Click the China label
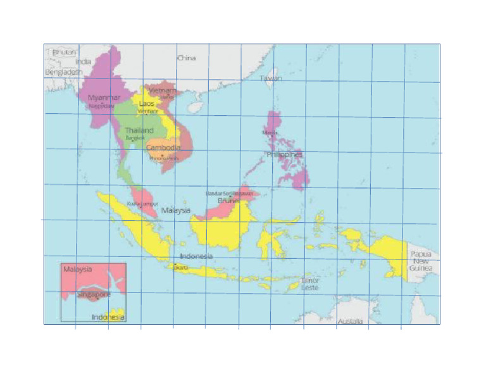[x=187, y=58]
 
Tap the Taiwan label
[x=271, y=78]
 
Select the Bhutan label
[x=65, y=52]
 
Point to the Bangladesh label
[x=64, y=73]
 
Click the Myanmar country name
[x=104, y=98]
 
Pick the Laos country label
[x=146, y=104]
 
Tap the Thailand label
[x=139, y=130]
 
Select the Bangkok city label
[x=135, y=138]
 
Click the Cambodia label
[x=163, y=148]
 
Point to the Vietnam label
[x=163, y=91]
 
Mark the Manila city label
[x=270, y=133]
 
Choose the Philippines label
[x=285, y=154]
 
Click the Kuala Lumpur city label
[x=142, y=204]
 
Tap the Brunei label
[x=227, y=201]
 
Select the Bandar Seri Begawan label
[x=229, y=193]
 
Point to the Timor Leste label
[x=310, y=284]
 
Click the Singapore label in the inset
[x=94, y=295]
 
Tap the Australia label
[x=350, y=322]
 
